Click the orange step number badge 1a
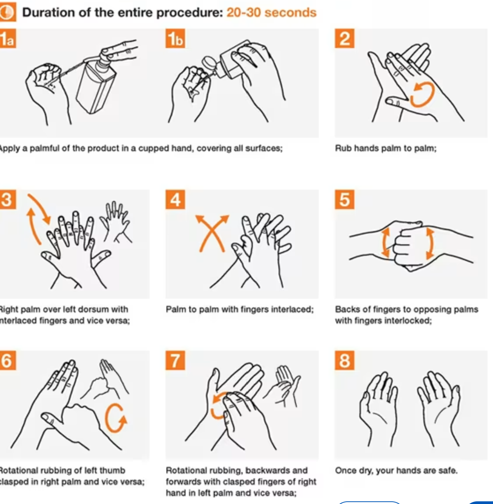8,39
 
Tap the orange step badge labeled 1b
175,39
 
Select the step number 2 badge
344,39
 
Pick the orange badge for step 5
344,199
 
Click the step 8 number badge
344,360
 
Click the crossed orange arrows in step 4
212,233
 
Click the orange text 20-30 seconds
271,12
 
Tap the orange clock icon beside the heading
8,12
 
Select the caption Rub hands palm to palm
386,148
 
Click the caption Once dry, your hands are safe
396,470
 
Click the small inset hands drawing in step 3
115,222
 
